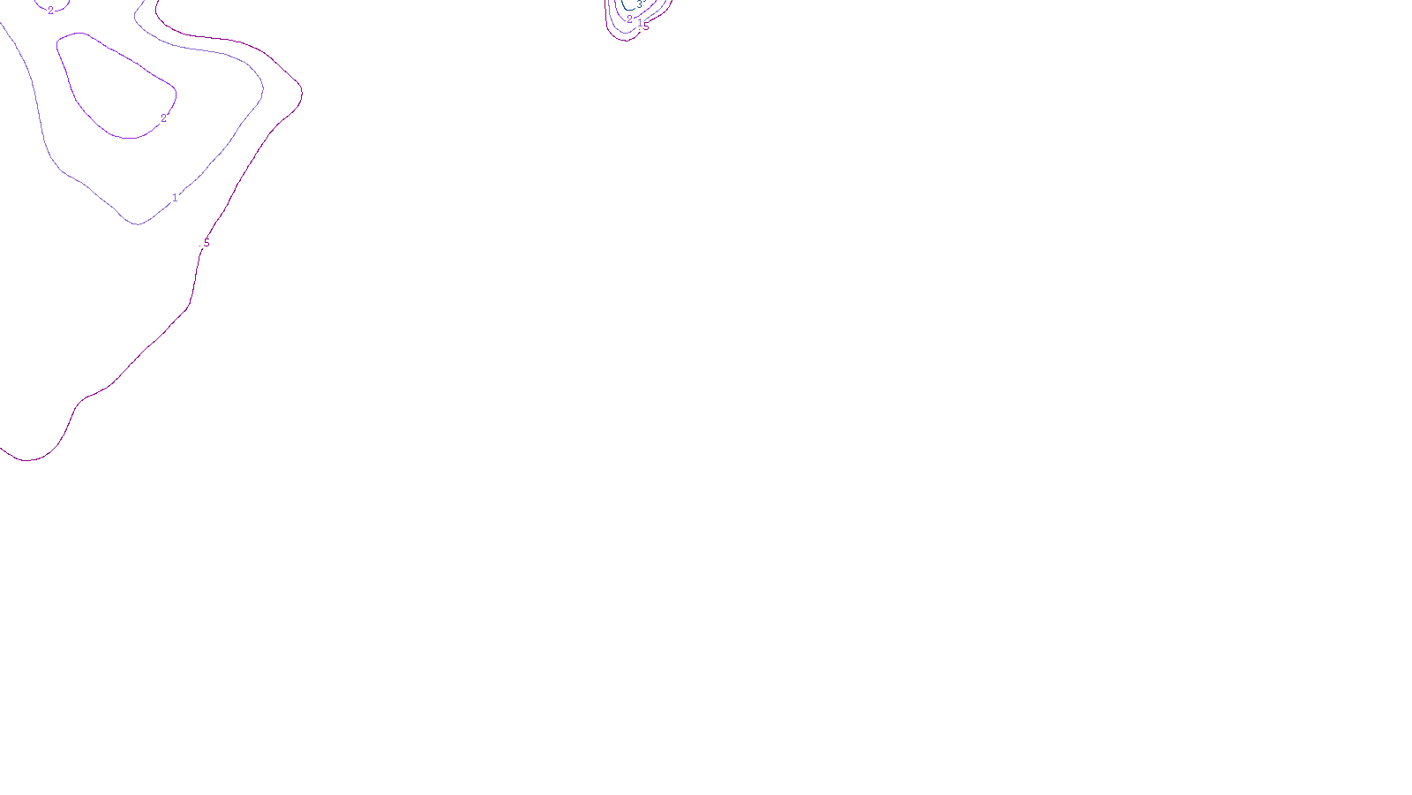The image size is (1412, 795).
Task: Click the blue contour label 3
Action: point(639,5)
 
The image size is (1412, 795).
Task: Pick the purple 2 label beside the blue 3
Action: point(629,19)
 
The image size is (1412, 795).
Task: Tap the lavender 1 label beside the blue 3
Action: point(640,24)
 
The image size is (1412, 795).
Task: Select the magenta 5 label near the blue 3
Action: point(646,26)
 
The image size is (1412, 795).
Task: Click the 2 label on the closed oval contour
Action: point(163,117)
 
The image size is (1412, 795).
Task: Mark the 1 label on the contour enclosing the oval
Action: point(175,198)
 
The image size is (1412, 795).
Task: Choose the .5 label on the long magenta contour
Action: point(207,242)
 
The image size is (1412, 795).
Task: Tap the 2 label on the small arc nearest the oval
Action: point(50,11)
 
